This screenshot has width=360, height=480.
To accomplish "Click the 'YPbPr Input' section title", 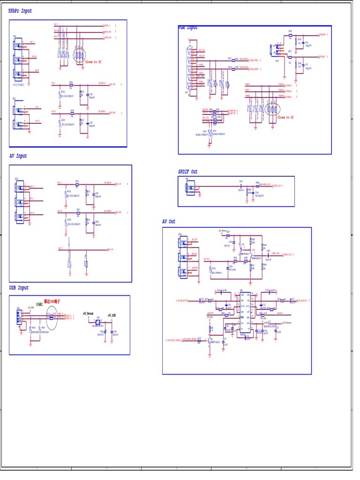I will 20,11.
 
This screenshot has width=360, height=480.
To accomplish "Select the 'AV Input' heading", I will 18,156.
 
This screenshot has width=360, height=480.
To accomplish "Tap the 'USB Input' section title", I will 19,288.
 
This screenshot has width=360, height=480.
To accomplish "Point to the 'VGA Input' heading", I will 188,28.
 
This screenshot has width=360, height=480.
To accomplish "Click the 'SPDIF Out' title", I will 188,172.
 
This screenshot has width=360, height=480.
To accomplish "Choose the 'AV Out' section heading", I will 169,222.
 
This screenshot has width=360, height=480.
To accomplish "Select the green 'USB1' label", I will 40,304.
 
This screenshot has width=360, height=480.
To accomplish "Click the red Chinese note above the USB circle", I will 52,301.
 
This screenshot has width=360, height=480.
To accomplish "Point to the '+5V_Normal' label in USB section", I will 88,314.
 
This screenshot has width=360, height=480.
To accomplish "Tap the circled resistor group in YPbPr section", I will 80,55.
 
